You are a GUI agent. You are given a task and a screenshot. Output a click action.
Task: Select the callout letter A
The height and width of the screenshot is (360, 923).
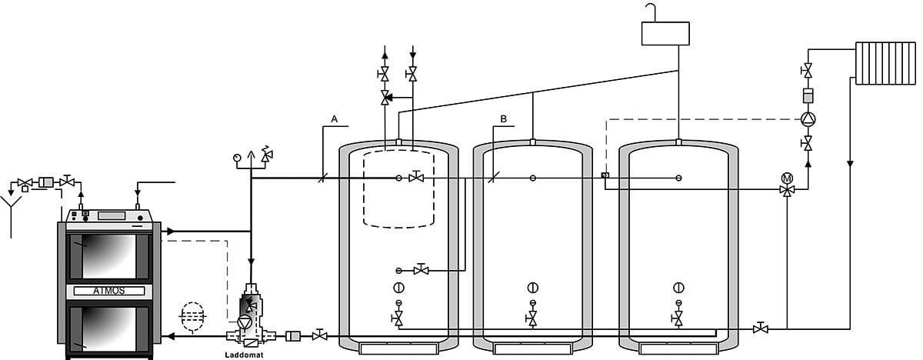click(x=335, y=119)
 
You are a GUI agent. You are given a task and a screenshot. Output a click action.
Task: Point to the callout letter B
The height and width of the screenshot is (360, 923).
click(x=504, y=119)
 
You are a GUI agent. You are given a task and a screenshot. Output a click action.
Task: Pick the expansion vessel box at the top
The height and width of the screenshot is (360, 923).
click(x=666, y=33)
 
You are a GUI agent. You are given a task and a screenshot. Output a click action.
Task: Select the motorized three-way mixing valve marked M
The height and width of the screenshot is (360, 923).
click(x=787, y=186)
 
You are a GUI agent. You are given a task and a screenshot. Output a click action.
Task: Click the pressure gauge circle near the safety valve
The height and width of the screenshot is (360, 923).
click(x=236, y=158)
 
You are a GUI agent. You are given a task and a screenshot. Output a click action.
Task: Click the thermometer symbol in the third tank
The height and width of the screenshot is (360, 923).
click(x=678, y=288)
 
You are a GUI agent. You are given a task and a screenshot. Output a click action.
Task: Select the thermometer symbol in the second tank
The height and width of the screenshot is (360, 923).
click(x=532, y=288)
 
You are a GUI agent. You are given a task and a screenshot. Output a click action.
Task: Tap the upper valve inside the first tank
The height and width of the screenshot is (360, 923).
click(x=417, y=178)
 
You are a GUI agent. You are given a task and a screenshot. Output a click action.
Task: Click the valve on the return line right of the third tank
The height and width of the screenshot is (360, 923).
click(x=761, y=328)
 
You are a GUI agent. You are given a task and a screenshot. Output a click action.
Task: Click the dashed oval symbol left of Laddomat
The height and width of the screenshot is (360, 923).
click(x=191, y=316)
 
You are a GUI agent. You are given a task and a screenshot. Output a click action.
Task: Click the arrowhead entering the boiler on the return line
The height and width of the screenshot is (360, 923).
click(x=170, y=335)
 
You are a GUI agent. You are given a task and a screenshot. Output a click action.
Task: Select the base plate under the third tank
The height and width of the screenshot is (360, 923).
click(x=678, y=349)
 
